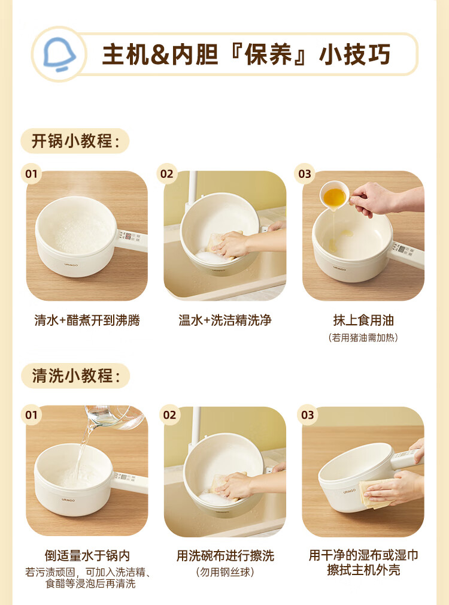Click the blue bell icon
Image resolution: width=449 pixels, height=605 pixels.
59,54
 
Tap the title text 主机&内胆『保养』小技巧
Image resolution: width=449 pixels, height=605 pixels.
246,54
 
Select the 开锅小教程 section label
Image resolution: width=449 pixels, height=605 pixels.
75,141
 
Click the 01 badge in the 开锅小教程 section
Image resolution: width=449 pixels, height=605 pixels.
31,174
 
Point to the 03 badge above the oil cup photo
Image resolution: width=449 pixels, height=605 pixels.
305,174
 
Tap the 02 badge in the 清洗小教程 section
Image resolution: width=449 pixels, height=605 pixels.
170,415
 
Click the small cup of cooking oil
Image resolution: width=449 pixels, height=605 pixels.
335,196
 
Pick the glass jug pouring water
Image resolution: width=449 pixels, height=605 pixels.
114,417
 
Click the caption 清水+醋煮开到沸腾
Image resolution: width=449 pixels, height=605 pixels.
87,320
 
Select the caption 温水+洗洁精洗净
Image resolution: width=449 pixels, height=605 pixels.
225,320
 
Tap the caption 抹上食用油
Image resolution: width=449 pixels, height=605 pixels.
363,320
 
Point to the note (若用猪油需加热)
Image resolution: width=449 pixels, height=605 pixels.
363,338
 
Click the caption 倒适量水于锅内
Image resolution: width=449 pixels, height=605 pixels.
87,556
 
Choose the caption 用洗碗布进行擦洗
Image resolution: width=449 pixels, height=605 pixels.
225,556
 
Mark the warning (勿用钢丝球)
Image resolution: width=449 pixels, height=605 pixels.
225,572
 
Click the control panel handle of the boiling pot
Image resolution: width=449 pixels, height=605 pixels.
132,240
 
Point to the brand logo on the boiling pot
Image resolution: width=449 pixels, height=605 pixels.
71,265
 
